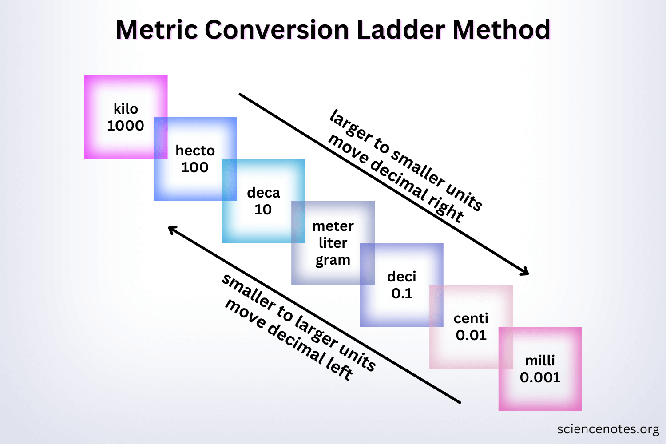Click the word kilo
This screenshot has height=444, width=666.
(x=126, y=109)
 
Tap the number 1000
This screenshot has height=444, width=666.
(x=126, y=126)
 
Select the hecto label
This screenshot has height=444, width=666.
(x=195, y=151)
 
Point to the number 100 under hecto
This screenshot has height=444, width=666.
(x=195, y=167)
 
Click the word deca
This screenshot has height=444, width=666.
(x=263, y=193)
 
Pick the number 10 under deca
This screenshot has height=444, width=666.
(x=263, y=210)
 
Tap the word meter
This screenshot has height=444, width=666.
(x=333, y=226)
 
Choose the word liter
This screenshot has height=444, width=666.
(x=333, y=243)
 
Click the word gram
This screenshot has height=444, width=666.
(x=333, y=260)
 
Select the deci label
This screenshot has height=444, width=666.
(x=402, y=277)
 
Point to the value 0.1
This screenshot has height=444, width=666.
(x=402, y=293)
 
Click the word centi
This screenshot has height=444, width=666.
(x=471, y=318)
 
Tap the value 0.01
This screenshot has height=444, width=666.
(x=471, y=335)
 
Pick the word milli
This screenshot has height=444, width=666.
(x=540, y=360)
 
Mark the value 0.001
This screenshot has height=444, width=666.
(x=540, y=377)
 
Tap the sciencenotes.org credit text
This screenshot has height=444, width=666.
(x=608, y=429)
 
